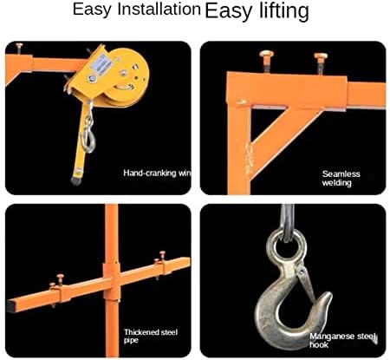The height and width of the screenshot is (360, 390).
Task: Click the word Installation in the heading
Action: pyautogui.click(x=159, y=9)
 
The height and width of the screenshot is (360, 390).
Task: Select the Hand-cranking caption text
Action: pyautogui.click(x=157, y=173)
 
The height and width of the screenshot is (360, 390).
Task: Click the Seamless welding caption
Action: pyautogui.click(x=341, y=179)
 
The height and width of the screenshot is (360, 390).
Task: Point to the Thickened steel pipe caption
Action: pyautogui.click(x=151, y=336)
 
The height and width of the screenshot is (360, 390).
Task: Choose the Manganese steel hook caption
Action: pyautogui.click(x=343, y=340)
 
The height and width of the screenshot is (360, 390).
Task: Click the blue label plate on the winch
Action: pyautogui.click(x=101, y=65)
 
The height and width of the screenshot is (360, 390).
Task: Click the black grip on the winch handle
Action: pyautogui.click(x=75, y=180)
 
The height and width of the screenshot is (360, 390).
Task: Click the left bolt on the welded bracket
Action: pyautogui.click(x=267, y=61)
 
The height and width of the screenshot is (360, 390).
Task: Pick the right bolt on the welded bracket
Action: pyautogui.click(x=321, y=63)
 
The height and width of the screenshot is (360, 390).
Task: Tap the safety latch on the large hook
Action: pyautogui.click(x=307, y=283)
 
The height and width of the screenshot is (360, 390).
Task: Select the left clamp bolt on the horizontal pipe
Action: pyautogui.click(x=58, y=287)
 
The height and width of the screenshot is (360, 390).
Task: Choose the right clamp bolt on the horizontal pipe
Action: pyautogui.click(x=161, y=262)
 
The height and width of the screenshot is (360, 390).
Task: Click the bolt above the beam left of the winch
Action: pyautogui.click(x=19, y=49)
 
